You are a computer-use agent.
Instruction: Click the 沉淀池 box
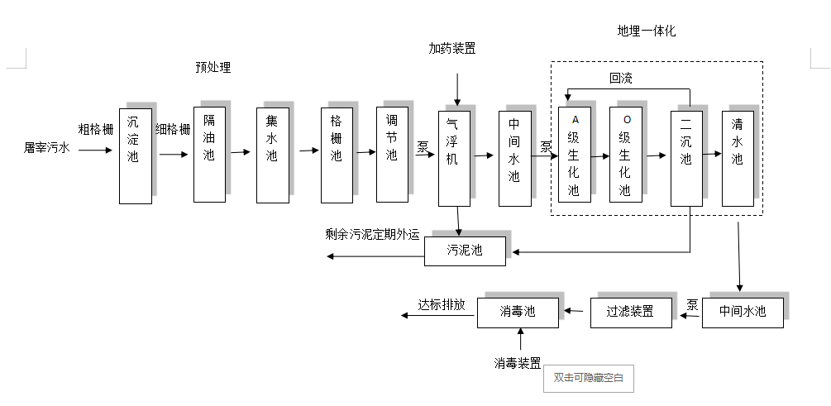(135, 155)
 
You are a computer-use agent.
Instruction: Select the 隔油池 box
(209, 154)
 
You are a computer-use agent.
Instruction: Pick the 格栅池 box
(337, 155)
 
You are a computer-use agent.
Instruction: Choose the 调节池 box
(392, 154)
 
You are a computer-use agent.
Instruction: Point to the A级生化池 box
(575, 155)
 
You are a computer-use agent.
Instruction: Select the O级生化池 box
(626, 155)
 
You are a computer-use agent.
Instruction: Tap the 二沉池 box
(686, 156)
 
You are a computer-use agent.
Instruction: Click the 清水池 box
(738, 157)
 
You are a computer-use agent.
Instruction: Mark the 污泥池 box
(465, 251)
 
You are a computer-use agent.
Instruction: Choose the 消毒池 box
(518, 312)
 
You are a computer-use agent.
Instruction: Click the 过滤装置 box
(630, 312)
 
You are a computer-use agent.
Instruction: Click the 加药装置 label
(452, 49)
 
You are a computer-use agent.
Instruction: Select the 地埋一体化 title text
(646, 31)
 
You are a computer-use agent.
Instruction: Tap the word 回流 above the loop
(621, 79)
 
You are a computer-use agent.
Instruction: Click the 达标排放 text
(442, 305)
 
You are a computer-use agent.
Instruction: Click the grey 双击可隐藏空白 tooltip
(588, 378)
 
